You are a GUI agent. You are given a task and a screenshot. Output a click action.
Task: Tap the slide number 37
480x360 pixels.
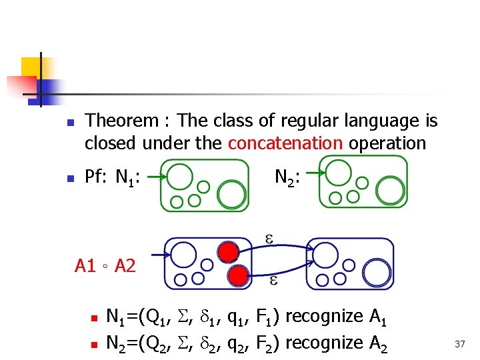(460, 344)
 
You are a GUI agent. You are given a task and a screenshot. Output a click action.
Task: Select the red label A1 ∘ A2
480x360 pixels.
(105, 267)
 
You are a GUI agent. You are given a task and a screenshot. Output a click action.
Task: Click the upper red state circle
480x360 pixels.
(228, 252)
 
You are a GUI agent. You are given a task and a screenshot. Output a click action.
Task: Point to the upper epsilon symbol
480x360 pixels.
(269, 239)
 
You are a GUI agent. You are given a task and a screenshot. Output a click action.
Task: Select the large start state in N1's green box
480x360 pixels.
(179, 177)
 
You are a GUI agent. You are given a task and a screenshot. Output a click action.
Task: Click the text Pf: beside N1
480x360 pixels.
(97, 177)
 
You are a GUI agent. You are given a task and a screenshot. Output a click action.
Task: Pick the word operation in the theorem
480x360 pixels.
(396, 143)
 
